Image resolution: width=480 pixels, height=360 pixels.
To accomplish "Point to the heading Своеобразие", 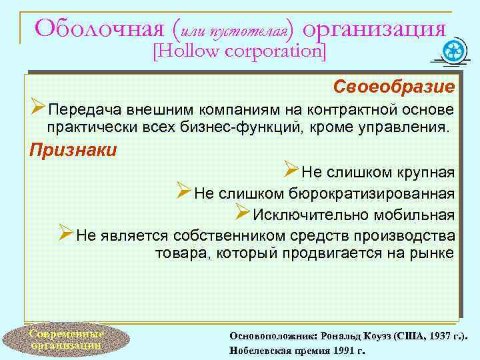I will pyautogui.click(x=395, y=87).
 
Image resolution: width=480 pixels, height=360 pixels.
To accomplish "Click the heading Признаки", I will pyautogui.click(x=73, y=149).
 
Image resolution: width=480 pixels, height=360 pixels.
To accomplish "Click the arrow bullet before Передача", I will pyautogui.click(x=39, y=109).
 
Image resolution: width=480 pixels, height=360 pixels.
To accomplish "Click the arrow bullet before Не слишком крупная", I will pyautogui.click(x=291, y=172).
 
